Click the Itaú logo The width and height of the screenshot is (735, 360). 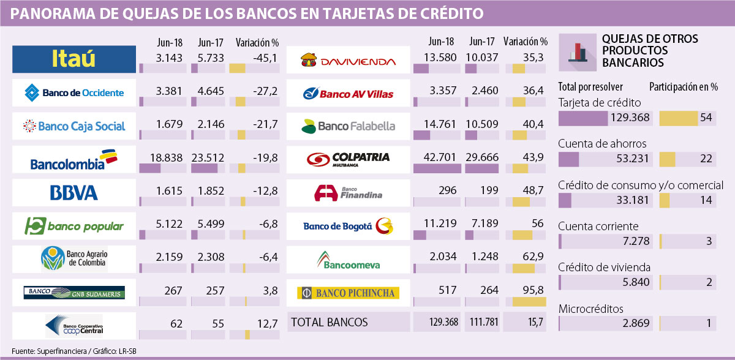point(73,60)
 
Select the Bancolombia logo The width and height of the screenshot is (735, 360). point(73,162)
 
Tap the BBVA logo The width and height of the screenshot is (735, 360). point(73,193)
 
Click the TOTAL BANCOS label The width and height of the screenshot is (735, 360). point(330,322)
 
